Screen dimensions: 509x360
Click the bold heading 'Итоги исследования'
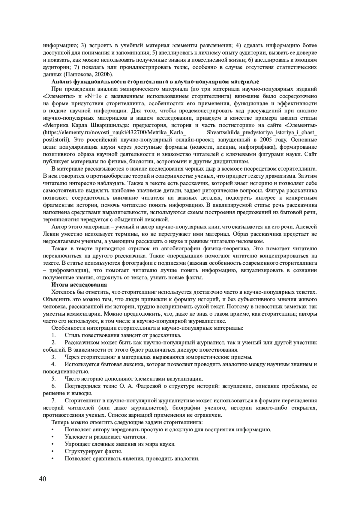coord(79,285)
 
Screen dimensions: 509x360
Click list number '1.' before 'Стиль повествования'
coord(54,335)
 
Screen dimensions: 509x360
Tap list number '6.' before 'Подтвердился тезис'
coord(54,386)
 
